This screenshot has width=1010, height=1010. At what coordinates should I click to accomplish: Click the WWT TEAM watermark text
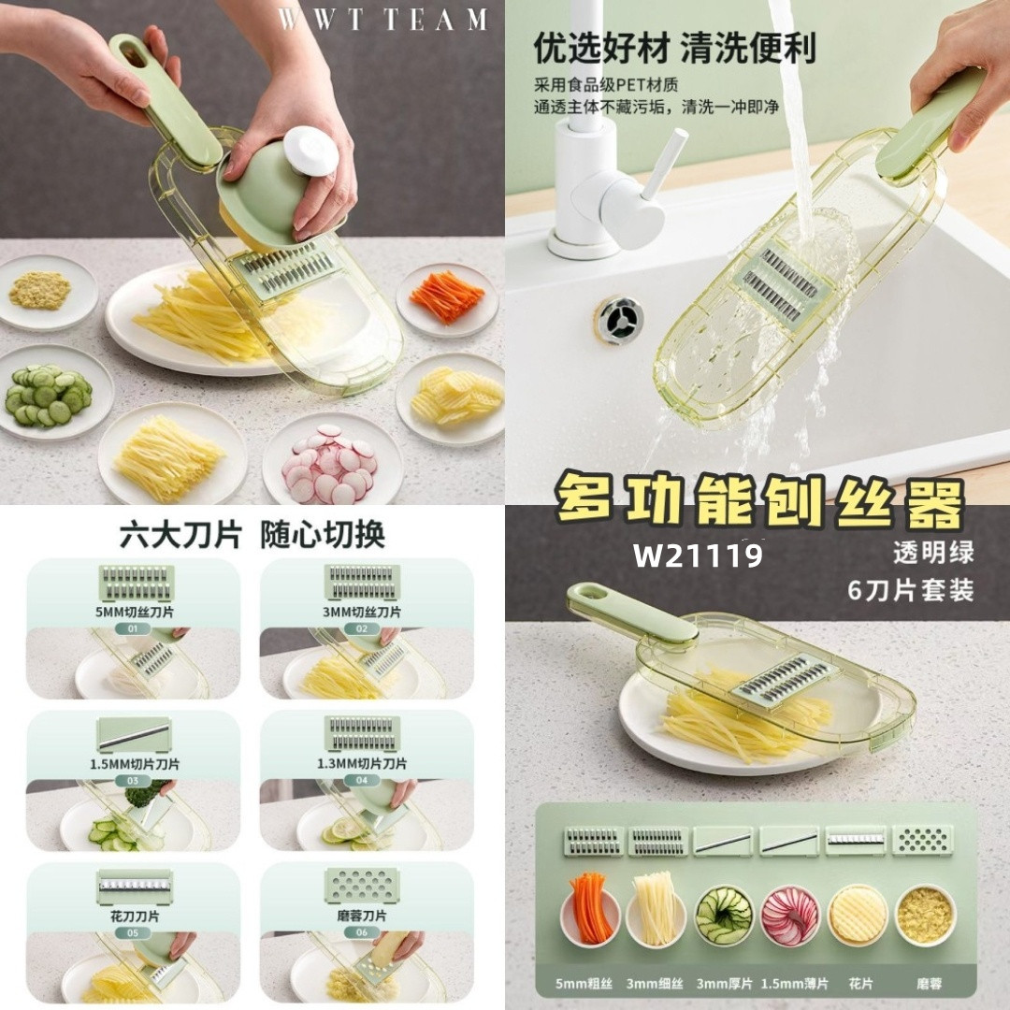point(382,20)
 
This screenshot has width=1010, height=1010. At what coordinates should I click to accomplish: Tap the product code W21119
point(699,555)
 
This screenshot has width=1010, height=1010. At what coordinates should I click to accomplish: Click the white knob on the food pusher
point(310,151)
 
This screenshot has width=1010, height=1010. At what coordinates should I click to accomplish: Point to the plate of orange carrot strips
point(447,299)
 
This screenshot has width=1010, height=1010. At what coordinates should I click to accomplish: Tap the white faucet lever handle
point(664,161)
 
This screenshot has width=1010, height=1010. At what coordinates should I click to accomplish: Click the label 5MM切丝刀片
point(134,612)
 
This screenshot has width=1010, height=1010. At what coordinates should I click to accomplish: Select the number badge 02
point(362,628)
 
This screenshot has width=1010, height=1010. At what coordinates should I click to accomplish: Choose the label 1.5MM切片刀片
point(134,765)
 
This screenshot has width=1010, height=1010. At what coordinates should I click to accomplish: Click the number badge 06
point(362,932)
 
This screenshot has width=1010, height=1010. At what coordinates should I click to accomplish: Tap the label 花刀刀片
point(134,916)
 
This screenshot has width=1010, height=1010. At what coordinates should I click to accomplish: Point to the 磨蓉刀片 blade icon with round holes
point(362,886)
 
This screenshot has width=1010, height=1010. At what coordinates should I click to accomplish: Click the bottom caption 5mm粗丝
point(584,984)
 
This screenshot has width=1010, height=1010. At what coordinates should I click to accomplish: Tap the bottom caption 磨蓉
point(929,984)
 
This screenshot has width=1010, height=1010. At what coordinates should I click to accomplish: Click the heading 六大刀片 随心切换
point(252,535)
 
